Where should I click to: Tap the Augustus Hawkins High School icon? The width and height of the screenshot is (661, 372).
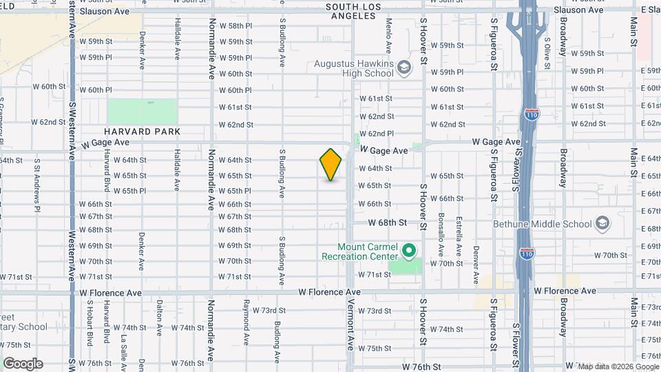(403, 68)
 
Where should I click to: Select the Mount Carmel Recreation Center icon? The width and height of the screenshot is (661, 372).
(409, 251)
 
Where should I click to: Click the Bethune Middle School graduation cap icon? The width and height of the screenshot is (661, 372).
(602, 224)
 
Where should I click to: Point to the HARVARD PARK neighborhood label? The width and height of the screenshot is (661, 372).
(143, 131)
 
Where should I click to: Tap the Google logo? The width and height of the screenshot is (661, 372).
(23, 364)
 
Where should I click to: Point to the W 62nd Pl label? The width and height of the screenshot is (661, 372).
(380, 134)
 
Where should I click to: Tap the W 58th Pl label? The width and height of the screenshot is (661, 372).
(235, 25)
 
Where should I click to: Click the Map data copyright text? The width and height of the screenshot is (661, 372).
(617, 366)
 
